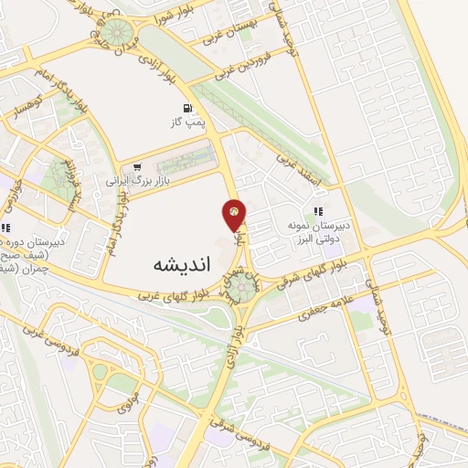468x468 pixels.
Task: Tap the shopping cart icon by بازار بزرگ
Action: point(137,167)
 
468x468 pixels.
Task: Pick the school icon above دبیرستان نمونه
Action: point(317,212)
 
